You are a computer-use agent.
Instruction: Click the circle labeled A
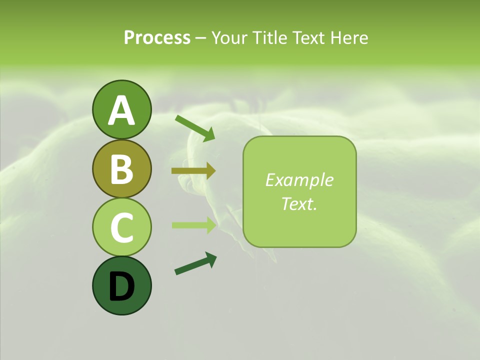121,109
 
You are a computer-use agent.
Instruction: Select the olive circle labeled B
121,168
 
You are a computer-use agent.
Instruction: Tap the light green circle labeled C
121,227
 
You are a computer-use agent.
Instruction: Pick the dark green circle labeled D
121,285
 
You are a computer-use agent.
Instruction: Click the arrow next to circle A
195,128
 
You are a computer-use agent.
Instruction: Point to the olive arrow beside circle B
193,171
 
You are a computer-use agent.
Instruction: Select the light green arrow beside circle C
193,225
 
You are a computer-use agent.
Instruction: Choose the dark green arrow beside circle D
195,264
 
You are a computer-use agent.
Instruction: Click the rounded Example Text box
299,191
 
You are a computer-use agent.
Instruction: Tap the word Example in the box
299,180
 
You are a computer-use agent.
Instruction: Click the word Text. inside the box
299,203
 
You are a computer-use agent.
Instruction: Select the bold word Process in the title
157,37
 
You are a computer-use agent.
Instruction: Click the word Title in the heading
270,37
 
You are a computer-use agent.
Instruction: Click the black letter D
121,286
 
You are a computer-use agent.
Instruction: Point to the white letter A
121,110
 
